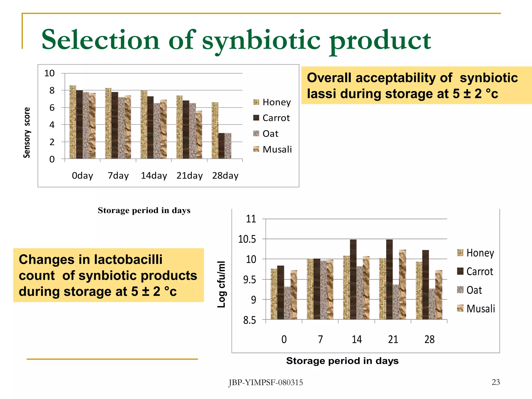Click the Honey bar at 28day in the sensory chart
(x=215, y=130)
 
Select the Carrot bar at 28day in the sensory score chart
(x=221, y=146)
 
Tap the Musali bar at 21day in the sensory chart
(x=199, y=135)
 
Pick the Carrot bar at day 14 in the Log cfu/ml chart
(x=353, y=279)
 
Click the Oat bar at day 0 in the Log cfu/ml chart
(x=287, y=303)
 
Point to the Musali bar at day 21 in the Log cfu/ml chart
(x=402, y=284)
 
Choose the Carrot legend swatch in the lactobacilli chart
(x=460, y=271)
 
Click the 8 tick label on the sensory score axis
(x=52, y=90)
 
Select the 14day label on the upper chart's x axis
(x=154, y=176)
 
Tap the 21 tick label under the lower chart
(x=393, y=340)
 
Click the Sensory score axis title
(x=27, y=132)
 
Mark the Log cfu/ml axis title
(x=221, y=284)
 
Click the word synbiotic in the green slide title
(x=261, y=40)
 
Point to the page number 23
(x=496, y=382)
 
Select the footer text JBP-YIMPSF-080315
(x=266, y=383)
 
